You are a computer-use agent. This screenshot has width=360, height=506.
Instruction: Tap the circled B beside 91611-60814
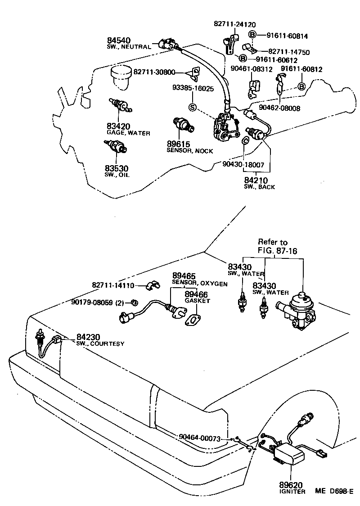[252, 35]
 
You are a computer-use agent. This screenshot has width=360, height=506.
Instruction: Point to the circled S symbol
[193, 107]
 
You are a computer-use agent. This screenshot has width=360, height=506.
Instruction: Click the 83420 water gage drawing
[119, 105]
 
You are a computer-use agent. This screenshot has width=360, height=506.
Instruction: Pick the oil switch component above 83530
[116, 146]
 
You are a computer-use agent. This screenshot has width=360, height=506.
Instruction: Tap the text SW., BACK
[259, 186]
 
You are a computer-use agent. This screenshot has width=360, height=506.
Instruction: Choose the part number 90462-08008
[279, 108]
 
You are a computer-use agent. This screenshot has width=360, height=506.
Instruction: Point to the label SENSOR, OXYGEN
[199, 284]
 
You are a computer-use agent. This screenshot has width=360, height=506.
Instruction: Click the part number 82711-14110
[113, 285]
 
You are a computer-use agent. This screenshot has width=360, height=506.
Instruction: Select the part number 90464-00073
[199, 437]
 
